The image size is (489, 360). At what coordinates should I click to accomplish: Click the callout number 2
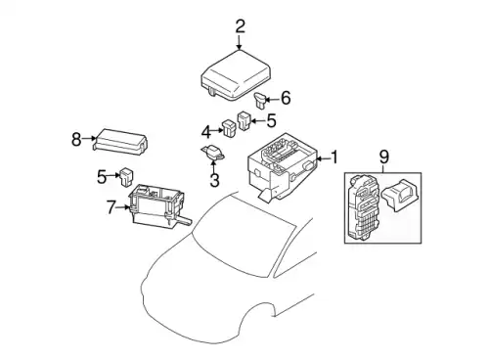tap(240, 27)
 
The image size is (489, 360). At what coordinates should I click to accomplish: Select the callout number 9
tap(384, 157)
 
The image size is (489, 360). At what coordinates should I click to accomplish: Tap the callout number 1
tap(334, 157)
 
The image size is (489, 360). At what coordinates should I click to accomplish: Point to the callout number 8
tap(76, 140)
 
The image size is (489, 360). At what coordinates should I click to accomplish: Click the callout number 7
tap(111, 207)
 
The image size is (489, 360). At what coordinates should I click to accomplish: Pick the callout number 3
tap(214, 180)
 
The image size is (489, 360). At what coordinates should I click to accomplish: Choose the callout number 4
tap(206, 132)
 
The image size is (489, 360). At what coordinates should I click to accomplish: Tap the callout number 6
tap(286, 98)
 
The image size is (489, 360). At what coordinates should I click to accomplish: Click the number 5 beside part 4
tap(271, 120)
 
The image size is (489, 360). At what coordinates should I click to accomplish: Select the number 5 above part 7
tap(102, 177)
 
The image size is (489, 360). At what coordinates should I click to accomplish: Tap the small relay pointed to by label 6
tap(260, 100)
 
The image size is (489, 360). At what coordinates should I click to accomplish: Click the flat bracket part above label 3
tap(212, 153)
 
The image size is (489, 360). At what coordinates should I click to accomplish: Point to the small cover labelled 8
tap(120, 142)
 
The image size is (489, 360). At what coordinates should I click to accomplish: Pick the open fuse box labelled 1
tap(283, 166)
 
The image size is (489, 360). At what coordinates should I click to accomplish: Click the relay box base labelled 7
tap(158, 206)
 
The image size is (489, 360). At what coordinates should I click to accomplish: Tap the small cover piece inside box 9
tap(401, 196)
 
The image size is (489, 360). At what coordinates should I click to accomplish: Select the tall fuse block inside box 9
tap(363, 206)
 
